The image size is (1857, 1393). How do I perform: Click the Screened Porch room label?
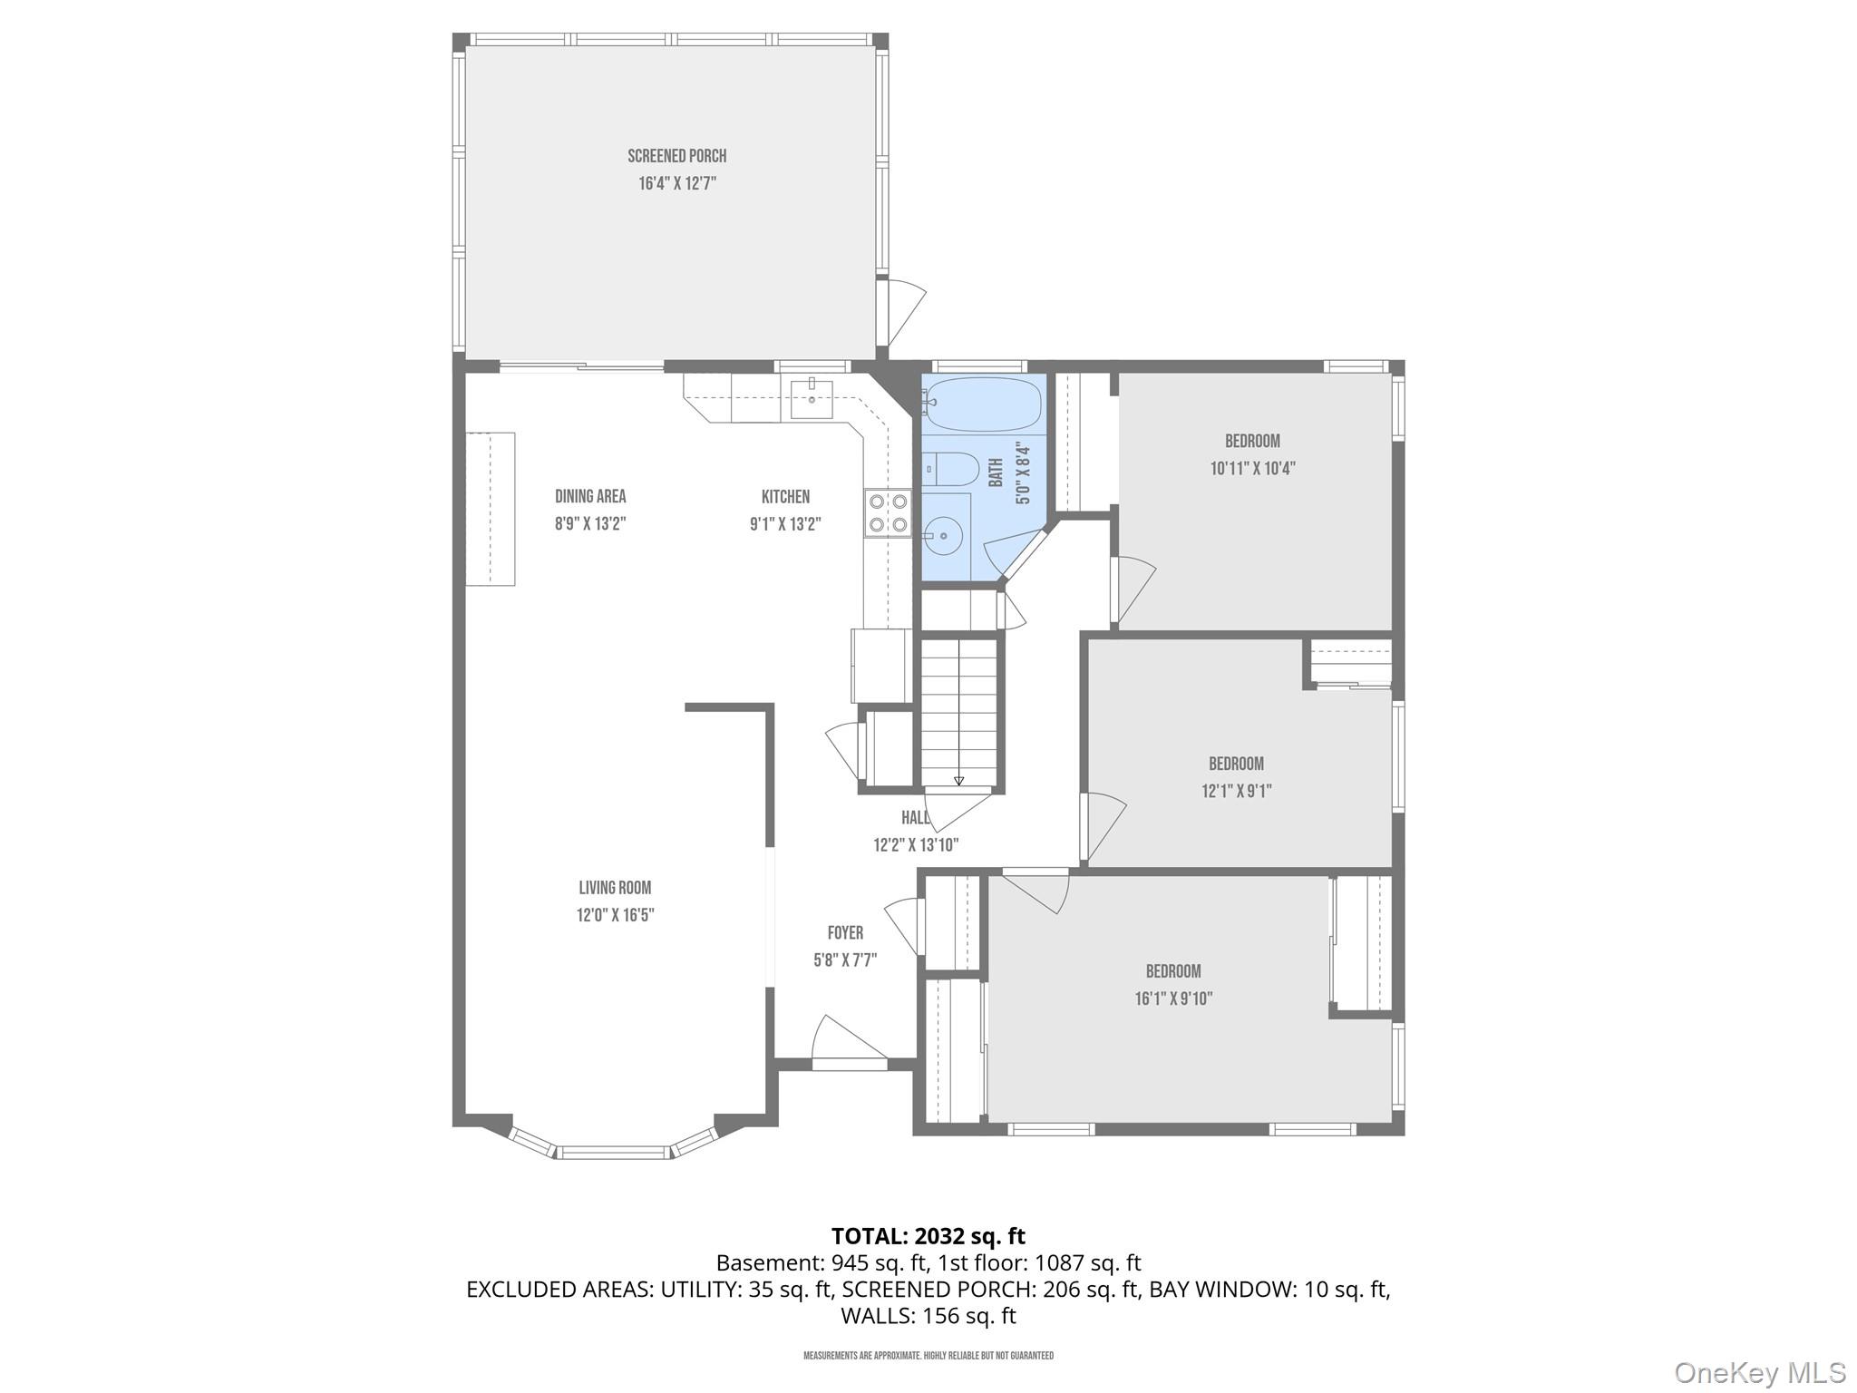(x=676, y=156)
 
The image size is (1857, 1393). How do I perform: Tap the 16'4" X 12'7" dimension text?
(x=676, y=183)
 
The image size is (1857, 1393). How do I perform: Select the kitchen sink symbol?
(x=812, y=396)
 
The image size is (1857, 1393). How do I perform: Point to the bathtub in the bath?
(x=983, y=404)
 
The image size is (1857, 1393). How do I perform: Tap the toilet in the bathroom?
(x=951, y=470)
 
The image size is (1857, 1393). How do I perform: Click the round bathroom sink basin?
(x=944, y=536)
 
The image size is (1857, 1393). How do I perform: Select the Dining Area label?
(x=590, y=496)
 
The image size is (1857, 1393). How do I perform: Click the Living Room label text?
(x=615, y=888)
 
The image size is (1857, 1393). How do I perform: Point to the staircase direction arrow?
(x=958, y=779)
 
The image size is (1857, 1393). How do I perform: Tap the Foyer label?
(x=845, y=932)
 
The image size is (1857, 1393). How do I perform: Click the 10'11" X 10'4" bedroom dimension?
(x=1252, y=469)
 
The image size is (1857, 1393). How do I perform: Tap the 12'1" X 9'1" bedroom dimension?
(x=1236, y=791)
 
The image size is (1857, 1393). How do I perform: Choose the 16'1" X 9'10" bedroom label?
(x=1173, y=998)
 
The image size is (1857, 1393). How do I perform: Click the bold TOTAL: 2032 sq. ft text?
(x=928, y=1235)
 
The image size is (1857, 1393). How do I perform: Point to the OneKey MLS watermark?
(x=1759, y=1371)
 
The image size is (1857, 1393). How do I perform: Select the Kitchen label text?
(x=785, y=496)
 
